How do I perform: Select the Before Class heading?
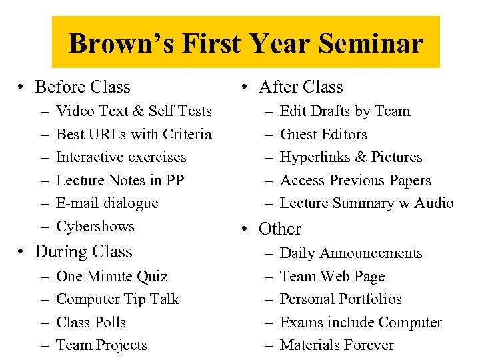click(x=82, y=87)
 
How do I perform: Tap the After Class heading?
click(x=300, y=87)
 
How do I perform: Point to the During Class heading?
click(x=83, y=252)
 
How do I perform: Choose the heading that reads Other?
click(x=280, y=229)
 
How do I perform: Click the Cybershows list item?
click(x=95, y=227)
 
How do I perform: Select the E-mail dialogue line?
click(x=107, y=203)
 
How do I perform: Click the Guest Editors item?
click(x=323, y=135)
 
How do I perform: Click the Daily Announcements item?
click(x=351, y=253)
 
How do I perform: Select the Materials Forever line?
click(x=337, y=345)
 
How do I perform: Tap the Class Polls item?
click(x=91, y=323)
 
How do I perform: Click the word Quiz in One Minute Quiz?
click(x=153, y=277)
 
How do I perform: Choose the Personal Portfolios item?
click(x=341, y=299)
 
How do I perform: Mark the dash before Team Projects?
click(x=43, y=345)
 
